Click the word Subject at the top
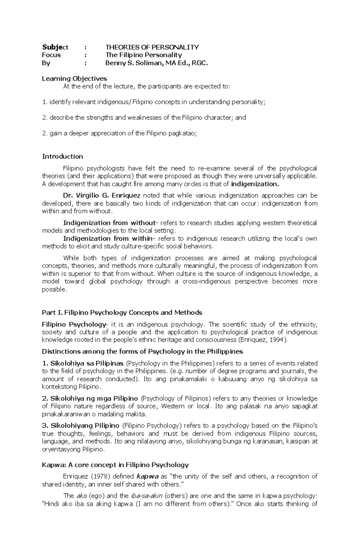pos(55,47)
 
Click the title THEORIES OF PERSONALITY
pos(152,47)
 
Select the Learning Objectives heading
pos(74,79)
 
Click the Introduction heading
pos(62,156)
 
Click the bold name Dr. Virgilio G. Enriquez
pos(102,196)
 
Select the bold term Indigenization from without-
pos(110,223)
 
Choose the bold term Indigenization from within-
pos(108,239)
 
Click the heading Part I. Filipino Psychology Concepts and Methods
pos(122,313)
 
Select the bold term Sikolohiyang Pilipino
pos(85,426)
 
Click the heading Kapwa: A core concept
pos(115,465)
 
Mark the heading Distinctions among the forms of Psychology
pos(142,352)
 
